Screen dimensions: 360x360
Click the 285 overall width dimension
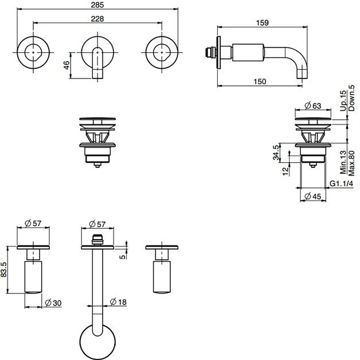97,5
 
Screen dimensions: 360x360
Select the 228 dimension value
97,18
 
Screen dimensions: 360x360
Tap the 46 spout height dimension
66,65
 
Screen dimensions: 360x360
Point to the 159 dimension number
262,23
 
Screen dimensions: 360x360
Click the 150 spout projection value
260,81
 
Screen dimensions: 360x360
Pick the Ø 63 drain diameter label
313,106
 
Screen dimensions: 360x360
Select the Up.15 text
343,101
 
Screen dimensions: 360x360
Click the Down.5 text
351,98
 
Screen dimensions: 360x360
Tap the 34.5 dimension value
276,152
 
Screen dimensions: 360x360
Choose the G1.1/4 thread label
342,183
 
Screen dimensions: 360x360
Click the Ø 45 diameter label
312,197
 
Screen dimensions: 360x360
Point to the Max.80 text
351,163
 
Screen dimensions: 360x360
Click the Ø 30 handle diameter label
53,303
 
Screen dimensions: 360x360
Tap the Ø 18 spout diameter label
118,302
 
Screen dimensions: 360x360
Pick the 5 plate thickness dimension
123,256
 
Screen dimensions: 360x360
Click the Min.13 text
343,163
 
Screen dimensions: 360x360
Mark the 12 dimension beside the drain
285,171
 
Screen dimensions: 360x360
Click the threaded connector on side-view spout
210,52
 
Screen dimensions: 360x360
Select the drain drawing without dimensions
97,142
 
